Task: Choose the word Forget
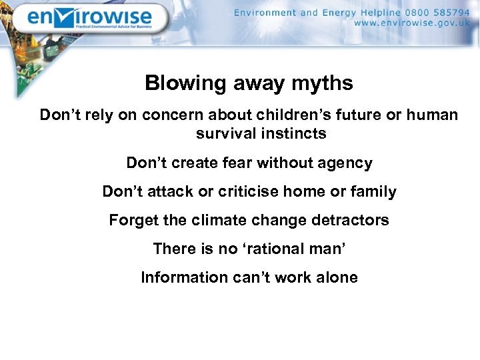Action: point(132,220)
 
